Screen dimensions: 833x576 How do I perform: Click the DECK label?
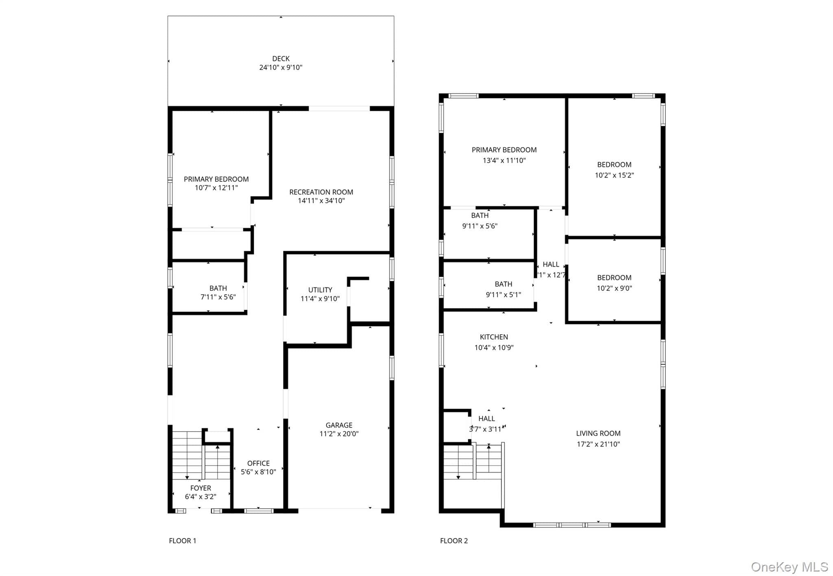pos(281,59)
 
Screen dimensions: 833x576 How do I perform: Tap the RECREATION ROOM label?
pos(321,192)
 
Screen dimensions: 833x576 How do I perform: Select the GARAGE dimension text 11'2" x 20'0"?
pos(339,434)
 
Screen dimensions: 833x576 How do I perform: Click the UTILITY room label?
pos(320,290)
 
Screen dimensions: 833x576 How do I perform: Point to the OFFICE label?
pos(258,463)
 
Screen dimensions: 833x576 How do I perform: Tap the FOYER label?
pos(201,488)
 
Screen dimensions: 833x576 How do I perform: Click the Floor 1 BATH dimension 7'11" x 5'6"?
pos(218,297)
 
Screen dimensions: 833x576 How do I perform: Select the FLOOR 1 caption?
pos(183,541)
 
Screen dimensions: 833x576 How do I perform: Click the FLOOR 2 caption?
pos(454,541)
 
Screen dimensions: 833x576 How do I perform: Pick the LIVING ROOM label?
pos(598,434)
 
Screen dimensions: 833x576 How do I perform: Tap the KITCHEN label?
pos(494,337)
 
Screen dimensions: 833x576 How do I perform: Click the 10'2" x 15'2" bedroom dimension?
pos(614,175)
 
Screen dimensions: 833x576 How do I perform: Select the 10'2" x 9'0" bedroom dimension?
pos(614,288)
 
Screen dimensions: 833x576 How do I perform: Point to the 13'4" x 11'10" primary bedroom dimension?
pos(504,160)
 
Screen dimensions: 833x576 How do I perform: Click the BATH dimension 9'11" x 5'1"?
pos(503,295)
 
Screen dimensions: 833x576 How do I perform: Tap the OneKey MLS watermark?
pos(789,567)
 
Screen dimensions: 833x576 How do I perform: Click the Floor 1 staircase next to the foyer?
pos(201,455)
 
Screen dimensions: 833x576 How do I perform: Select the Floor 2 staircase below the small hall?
pos(472,462)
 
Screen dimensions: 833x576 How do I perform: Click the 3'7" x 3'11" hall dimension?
pos(486,429)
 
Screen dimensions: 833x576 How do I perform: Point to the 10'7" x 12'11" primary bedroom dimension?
pos(216,188)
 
